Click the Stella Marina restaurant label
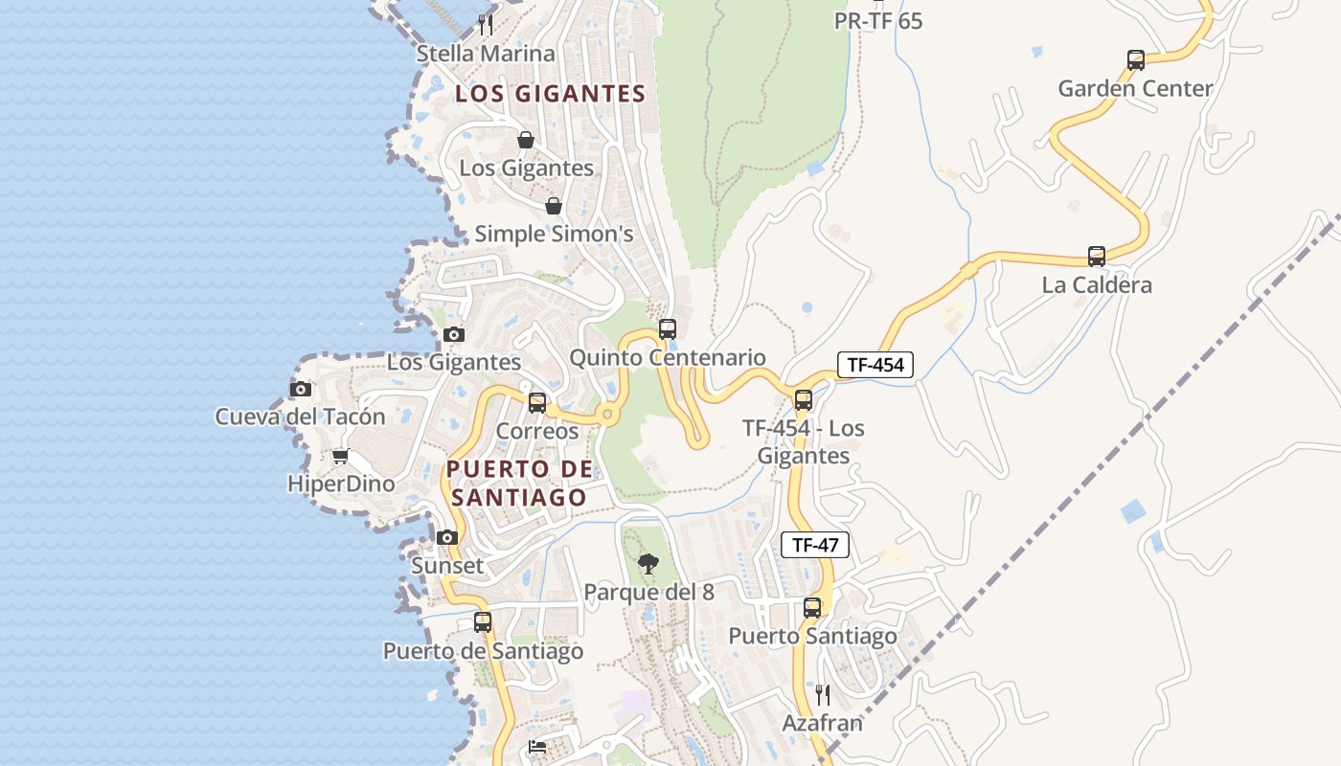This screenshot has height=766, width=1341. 486,54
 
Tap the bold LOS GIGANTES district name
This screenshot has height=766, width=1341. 550,94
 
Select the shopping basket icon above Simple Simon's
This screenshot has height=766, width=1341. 554,206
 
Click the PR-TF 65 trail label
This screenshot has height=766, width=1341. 878,20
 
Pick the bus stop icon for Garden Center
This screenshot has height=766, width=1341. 1135,60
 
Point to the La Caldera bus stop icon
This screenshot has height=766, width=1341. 1097,257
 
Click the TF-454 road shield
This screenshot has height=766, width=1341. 875,364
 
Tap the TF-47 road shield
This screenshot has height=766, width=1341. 815,546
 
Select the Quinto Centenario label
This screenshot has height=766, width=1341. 668,358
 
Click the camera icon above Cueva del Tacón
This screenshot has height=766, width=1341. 301,389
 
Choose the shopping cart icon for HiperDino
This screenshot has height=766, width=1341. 340,457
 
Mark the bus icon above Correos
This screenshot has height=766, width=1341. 537,403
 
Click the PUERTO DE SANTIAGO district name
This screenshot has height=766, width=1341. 519,484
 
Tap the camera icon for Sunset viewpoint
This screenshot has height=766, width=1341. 447,538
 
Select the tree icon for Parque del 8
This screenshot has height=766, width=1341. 648,564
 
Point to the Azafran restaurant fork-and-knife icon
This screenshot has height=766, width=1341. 822,694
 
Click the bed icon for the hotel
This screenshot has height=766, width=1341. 537,747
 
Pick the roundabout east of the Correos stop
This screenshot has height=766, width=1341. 607,415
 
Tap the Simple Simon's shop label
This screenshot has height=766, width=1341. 554,234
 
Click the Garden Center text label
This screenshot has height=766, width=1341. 1135,89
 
